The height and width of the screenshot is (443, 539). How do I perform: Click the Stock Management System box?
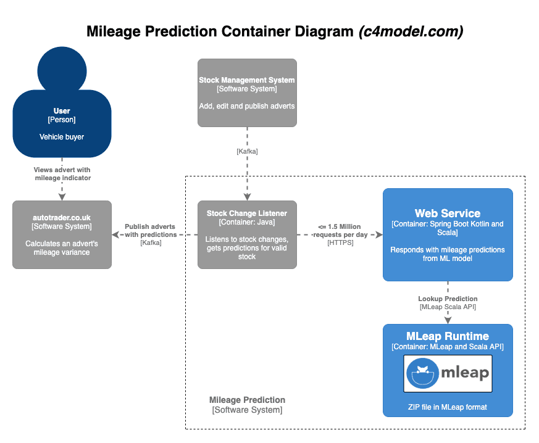pos(247,93)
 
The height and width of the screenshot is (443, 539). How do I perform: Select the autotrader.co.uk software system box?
pos(62,234)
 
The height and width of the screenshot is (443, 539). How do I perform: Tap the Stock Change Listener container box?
pos(247,234)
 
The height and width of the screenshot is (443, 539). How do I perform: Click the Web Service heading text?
pos(448,213)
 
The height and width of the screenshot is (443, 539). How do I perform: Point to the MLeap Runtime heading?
pos(448,336)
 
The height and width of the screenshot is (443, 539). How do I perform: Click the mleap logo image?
pos(448,373)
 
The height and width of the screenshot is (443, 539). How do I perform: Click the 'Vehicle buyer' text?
pos(62,136)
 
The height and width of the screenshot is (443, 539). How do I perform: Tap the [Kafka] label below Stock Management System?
pos(247,151)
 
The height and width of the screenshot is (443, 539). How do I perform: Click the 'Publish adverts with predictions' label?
pos(150,230)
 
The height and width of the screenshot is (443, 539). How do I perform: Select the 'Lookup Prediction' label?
pos(448,299)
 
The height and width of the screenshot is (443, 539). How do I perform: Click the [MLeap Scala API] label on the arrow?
pos(448,307)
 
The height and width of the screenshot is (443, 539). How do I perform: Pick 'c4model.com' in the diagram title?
pos(411,31)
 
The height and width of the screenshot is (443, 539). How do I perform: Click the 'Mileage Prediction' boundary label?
pos(247,400)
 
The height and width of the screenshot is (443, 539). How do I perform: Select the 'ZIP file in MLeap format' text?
pos(448,407)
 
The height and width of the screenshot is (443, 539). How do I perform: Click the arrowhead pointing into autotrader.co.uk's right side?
pos(115,234)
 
